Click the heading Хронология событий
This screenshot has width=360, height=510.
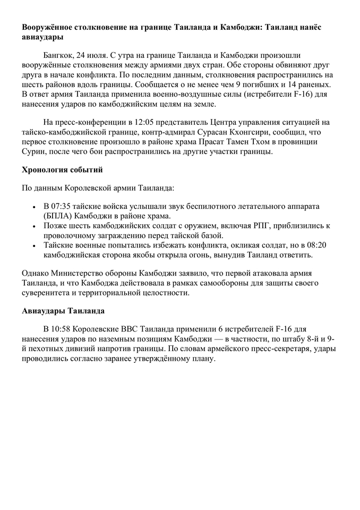pos(62,170)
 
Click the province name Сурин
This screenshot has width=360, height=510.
pos(35,151)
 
